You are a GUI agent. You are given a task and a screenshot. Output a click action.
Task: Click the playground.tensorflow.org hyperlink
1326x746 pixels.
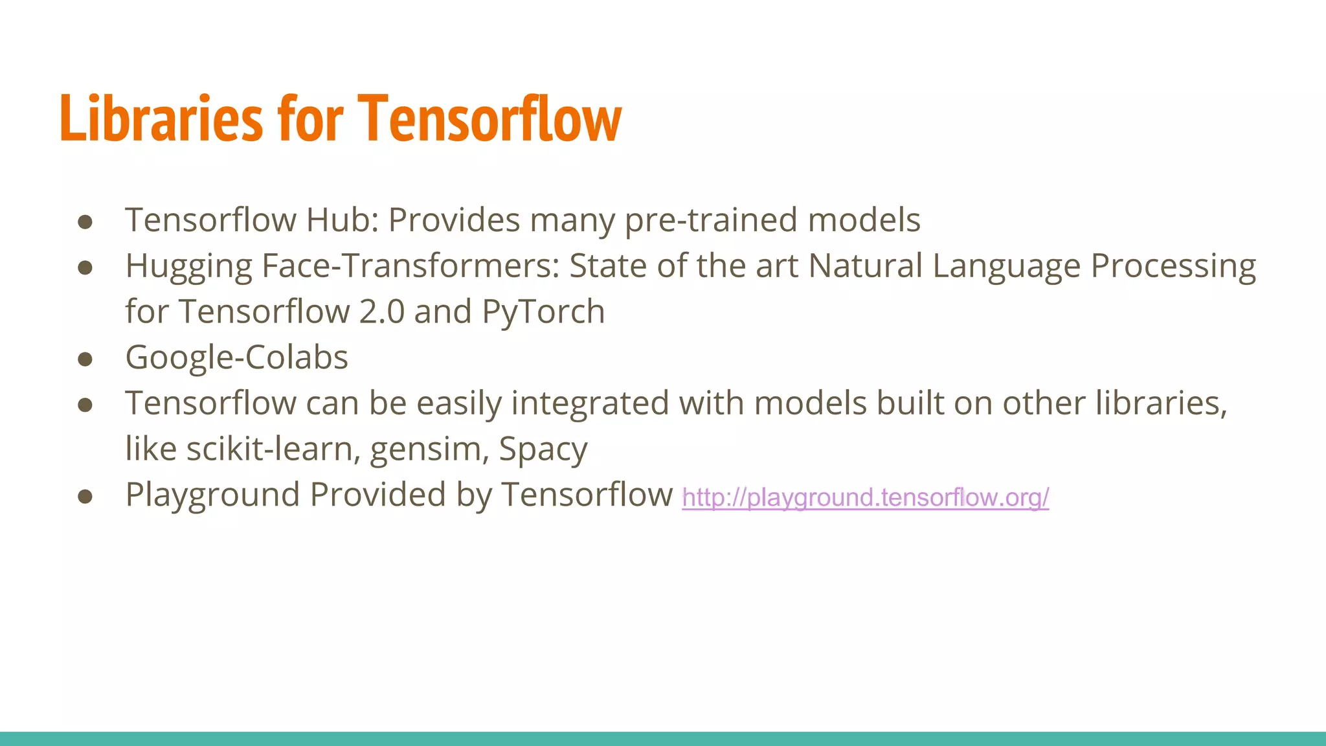click(865, 497)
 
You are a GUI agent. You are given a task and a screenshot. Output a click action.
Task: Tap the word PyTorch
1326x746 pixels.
click(543, 312)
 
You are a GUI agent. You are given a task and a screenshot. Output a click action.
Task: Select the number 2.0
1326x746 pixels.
click(381, 312)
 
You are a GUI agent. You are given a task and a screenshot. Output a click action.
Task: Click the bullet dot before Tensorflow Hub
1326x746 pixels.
click(85, 222)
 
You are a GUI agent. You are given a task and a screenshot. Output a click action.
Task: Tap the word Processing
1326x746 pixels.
click(1173, 267)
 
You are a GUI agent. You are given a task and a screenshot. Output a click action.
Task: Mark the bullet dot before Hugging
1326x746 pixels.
click(85, 268)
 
